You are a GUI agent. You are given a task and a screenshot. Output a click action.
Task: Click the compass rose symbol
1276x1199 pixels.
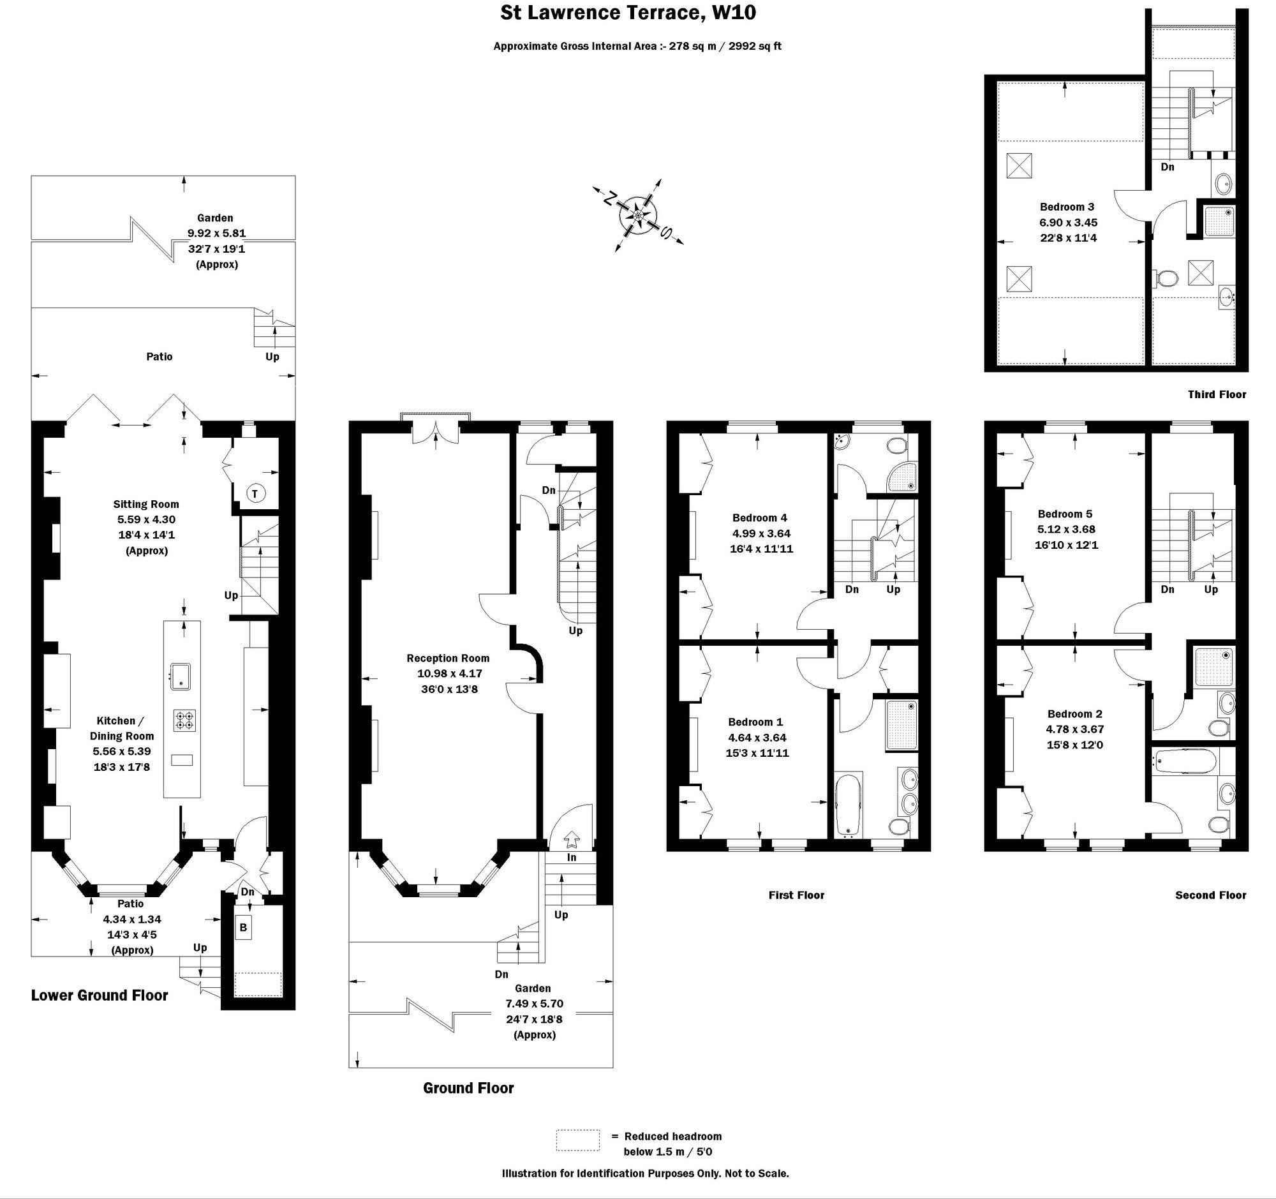coord(637,215)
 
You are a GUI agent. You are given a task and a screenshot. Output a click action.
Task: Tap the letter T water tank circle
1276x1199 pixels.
coord(255,494)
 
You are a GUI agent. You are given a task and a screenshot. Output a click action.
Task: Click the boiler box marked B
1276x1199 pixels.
coord(243,928)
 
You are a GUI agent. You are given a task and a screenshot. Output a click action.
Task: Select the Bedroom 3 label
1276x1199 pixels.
coord(1067,207)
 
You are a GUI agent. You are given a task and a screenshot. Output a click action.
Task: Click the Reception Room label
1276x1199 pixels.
coord(447,658)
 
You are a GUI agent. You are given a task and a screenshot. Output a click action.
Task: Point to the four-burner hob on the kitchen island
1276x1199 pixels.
coord(184,720)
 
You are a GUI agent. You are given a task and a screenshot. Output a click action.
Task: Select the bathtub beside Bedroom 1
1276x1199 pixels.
coord(848,805)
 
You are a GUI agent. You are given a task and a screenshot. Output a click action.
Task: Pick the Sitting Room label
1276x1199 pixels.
coord(145,504)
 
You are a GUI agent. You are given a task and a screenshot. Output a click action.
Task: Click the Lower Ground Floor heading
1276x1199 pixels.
coord(100,995)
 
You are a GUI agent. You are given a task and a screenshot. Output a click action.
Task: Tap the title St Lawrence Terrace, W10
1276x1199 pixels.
coord(628,13)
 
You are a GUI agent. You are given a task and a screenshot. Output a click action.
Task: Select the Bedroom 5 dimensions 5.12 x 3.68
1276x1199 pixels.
coord(1066,530)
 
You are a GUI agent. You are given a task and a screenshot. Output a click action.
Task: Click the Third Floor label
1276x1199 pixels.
coord(1216,394)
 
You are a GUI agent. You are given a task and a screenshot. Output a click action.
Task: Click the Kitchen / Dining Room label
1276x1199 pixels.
coord(121,729)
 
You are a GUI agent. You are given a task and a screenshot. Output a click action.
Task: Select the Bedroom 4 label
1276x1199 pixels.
coord(759,518)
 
